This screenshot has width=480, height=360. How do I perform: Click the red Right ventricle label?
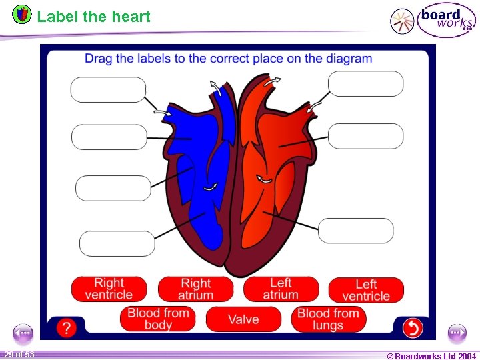pos(109,289)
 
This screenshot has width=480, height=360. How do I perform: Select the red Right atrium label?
pos(195,289)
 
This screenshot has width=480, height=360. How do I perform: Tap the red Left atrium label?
pos(281,289)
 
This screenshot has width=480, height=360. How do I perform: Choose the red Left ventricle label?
pos(366,289)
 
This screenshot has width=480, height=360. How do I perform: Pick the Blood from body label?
pos(158,319)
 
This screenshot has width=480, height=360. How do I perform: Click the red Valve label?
pos(243,319)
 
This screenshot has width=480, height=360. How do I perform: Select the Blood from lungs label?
pos(328,319)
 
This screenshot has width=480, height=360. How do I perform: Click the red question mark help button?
pos(65,327)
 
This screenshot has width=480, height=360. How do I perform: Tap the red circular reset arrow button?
pos(413,327)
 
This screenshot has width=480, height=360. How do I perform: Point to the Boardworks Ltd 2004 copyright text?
pos(431,356)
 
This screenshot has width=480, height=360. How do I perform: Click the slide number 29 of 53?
pos(19,354)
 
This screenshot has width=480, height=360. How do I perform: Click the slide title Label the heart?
pos(94,17)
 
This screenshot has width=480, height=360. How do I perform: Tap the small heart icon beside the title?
pos(22,14)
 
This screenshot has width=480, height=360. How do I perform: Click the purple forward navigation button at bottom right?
pos(457,332)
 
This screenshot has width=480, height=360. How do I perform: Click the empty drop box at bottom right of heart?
pos(355,231)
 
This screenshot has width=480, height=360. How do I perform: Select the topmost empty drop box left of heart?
pos(108,90)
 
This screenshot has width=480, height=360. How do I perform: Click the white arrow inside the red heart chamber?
pos(265,179)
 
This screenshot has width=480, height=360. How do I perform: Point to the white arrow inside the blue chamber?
pos(211,188)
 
